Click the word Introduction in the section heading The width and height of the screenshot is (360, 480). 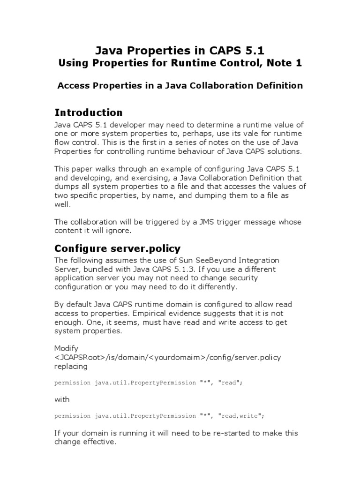click(x=89, y=112)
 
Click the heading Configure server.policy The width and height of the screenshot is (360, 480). click(x=118, y=248)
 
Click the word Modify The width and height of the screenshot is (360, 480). click(x=66, y=348)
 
